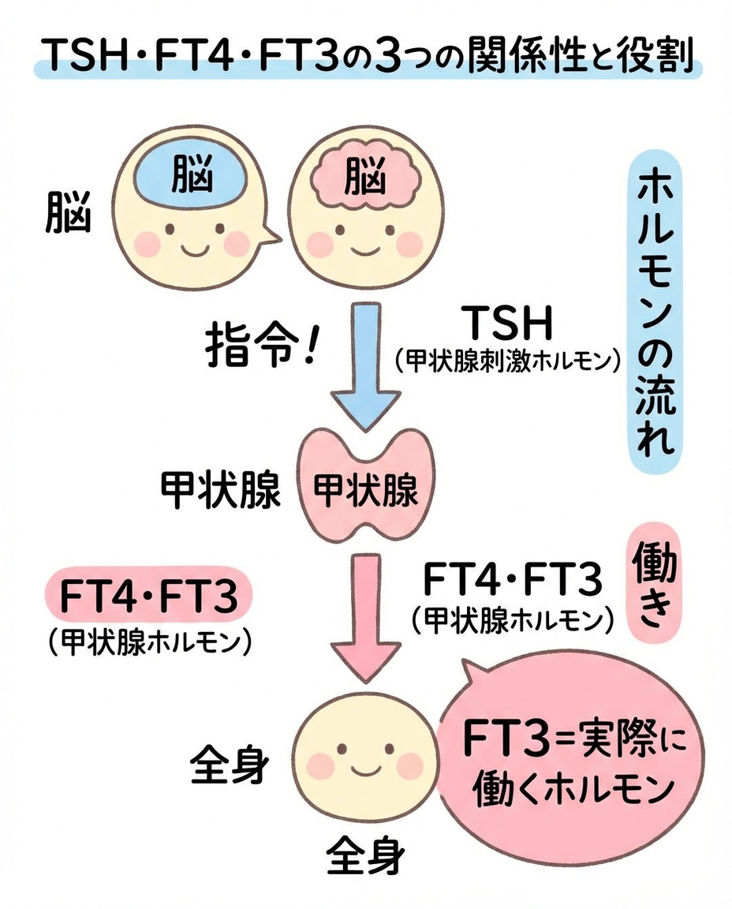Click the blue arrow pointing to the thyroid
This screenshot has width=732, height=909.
pyautogui.click(x=364, y=371)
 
